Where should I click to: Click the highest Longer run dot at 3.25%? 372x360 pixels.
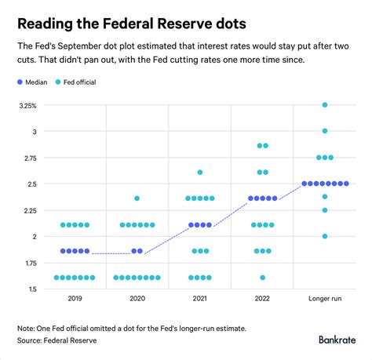pyautogui.click(x=324, y=105)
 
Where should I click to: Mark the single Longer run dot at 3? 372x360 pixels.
pyautogui.click(x=324, y=131)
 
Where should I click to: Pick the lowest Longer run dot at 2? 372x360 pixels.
pyautogui.click(x=324, y=236)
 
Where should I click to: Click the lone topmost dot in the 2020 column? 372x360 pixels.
pyautogui.click(x=137, y=198)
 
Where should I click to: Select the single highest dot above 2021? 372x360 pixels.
pyautogui.click(x=200, y=172)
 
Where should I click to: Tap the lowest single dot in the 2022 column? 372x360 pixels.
pyautogui.click(x=262, y=277)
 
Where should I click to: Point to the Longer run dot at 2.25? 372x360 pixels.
pyautogui.click(x=324, y=210)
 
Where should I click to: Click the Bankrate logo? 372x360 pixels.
pyautogui.click(x=337, y=340)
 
